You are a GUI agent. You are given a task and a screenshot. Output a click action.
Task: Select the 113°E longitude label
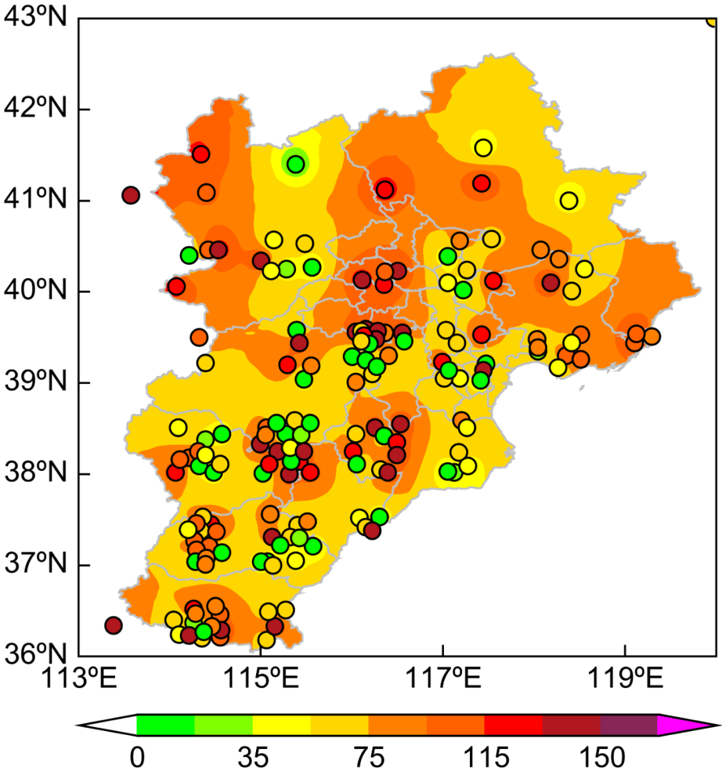pos(79,679)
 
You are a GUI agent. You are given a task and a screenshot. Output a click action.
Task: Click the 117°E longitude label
pos(443,679)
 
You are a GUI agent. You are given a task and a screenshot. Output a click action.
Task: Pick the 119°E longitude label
pos(625,679)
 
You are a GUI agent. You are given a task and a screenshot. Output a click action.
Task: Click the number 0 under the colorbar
pos(137,758)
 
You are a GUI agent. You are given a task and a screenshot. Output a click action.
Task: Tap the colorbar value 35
pos(253,758)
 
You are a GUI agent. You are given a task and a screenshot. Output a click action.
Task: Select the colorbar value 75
pos(368,758)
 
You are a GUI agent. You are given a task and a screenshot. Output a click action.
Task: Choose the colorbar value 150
pos(600,758)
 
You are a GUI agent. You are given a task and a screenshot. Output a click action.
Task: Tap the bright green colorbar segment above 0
pos(165,725)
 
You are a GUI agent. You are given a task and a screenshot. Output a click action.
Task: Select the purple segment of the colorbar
pos(628,725)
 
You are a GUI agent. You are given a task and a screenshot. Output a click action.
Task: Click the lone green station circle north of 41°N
pos(295,164)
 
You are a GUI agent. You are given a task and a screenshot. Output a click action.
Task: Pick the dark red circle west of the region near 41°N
pos(130,195)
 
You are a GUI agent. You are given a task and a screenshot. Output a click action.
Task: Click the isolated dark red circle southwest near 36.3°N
pos(113,625)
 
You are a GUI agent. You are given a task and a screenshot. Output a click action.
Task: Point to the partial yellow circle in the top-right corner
pos(713,20)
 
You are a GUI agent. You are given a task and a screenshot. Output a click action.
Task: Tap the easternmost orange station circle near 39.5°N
pos(651,336)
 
